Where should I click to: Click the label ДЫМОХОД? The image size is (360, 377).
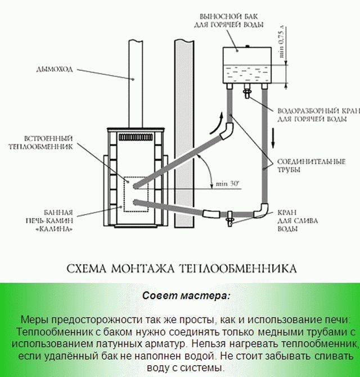pos(55,70)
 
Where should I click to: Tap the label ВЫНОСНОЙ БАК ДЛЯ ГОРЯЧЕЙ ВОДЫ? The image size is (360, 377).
pos(228,21)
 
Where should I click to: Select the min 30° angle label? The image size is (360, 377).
pos(227,184)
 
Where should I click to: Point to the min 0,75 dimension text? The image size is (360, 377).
pos(282,42)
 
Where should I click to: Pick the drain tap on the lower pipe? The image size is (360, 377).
pos(230,219)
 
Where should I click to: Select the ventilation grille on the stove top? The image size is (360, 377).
pos(136,137)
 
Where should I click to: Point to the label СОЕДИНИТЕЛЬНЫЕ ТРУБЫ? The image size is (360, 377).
pos(311,166)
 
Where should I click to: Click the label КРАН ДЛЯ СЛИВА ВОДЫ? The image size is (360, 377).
pos(298,220)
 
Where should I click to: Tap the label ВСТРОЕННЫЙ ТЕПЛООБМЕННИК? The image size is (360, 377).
pos(40,143)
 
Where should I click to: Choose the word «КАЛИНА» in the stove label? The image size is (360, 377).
pos(54,229)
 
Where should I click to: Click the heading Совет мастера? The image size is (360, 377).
pos(186,296)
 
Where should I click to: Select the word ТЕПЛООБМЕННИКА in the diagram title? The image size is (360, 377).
pos(238,269)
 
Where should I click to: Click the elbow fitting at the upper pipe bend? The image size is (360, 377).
pos(227,130)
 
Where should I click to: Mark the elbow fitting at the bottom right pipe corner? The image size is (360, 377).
pos(261,211)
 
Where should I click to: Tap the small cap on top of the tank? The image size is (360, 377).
pos(247,46)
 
